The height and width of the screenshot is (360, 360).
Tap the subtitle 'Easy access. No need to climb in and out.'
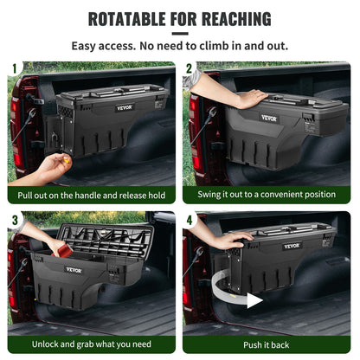180,45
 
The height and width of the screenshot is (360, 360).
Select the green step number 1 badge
14,67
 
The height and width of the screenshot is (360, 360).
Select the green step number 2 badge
190,67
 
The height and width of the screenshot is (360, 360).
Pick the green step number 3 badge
14,219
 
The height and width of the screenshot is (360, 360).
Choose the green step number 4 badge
190,219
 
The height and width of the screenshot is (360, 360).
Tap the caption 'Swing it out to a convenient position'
267,196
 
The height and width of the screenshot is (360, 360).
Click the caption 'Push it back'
267,344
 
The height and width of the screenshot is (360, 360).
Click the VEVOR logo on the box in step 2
269,119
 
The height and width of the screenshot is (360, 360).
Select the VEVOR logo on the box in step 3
75,270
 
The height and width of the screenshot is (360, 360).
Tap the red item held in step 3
61,248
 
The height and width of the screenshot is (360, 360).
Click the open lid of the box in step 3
104,238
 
